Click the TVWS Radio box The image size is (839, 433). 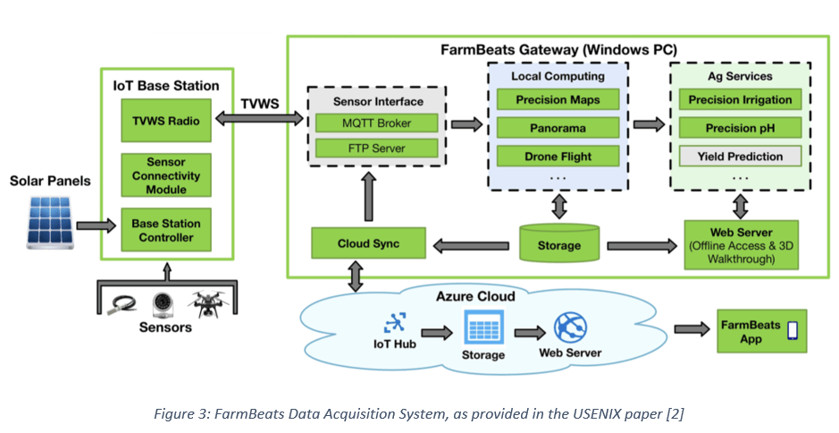coord(167,121)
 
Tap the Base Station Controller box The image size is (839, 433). coord(167,230)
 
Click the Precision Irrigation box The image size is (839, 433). coord(734,99)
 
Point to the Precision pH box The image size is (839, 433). coord(734,128)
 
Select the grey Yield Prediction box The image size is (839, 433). coord(734,157)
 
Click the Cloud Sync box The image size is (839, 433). coord(367,243)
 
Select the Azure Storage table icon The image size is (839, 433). coord(483,327)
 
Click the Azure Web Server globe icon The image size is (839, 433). coord(569,327)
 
